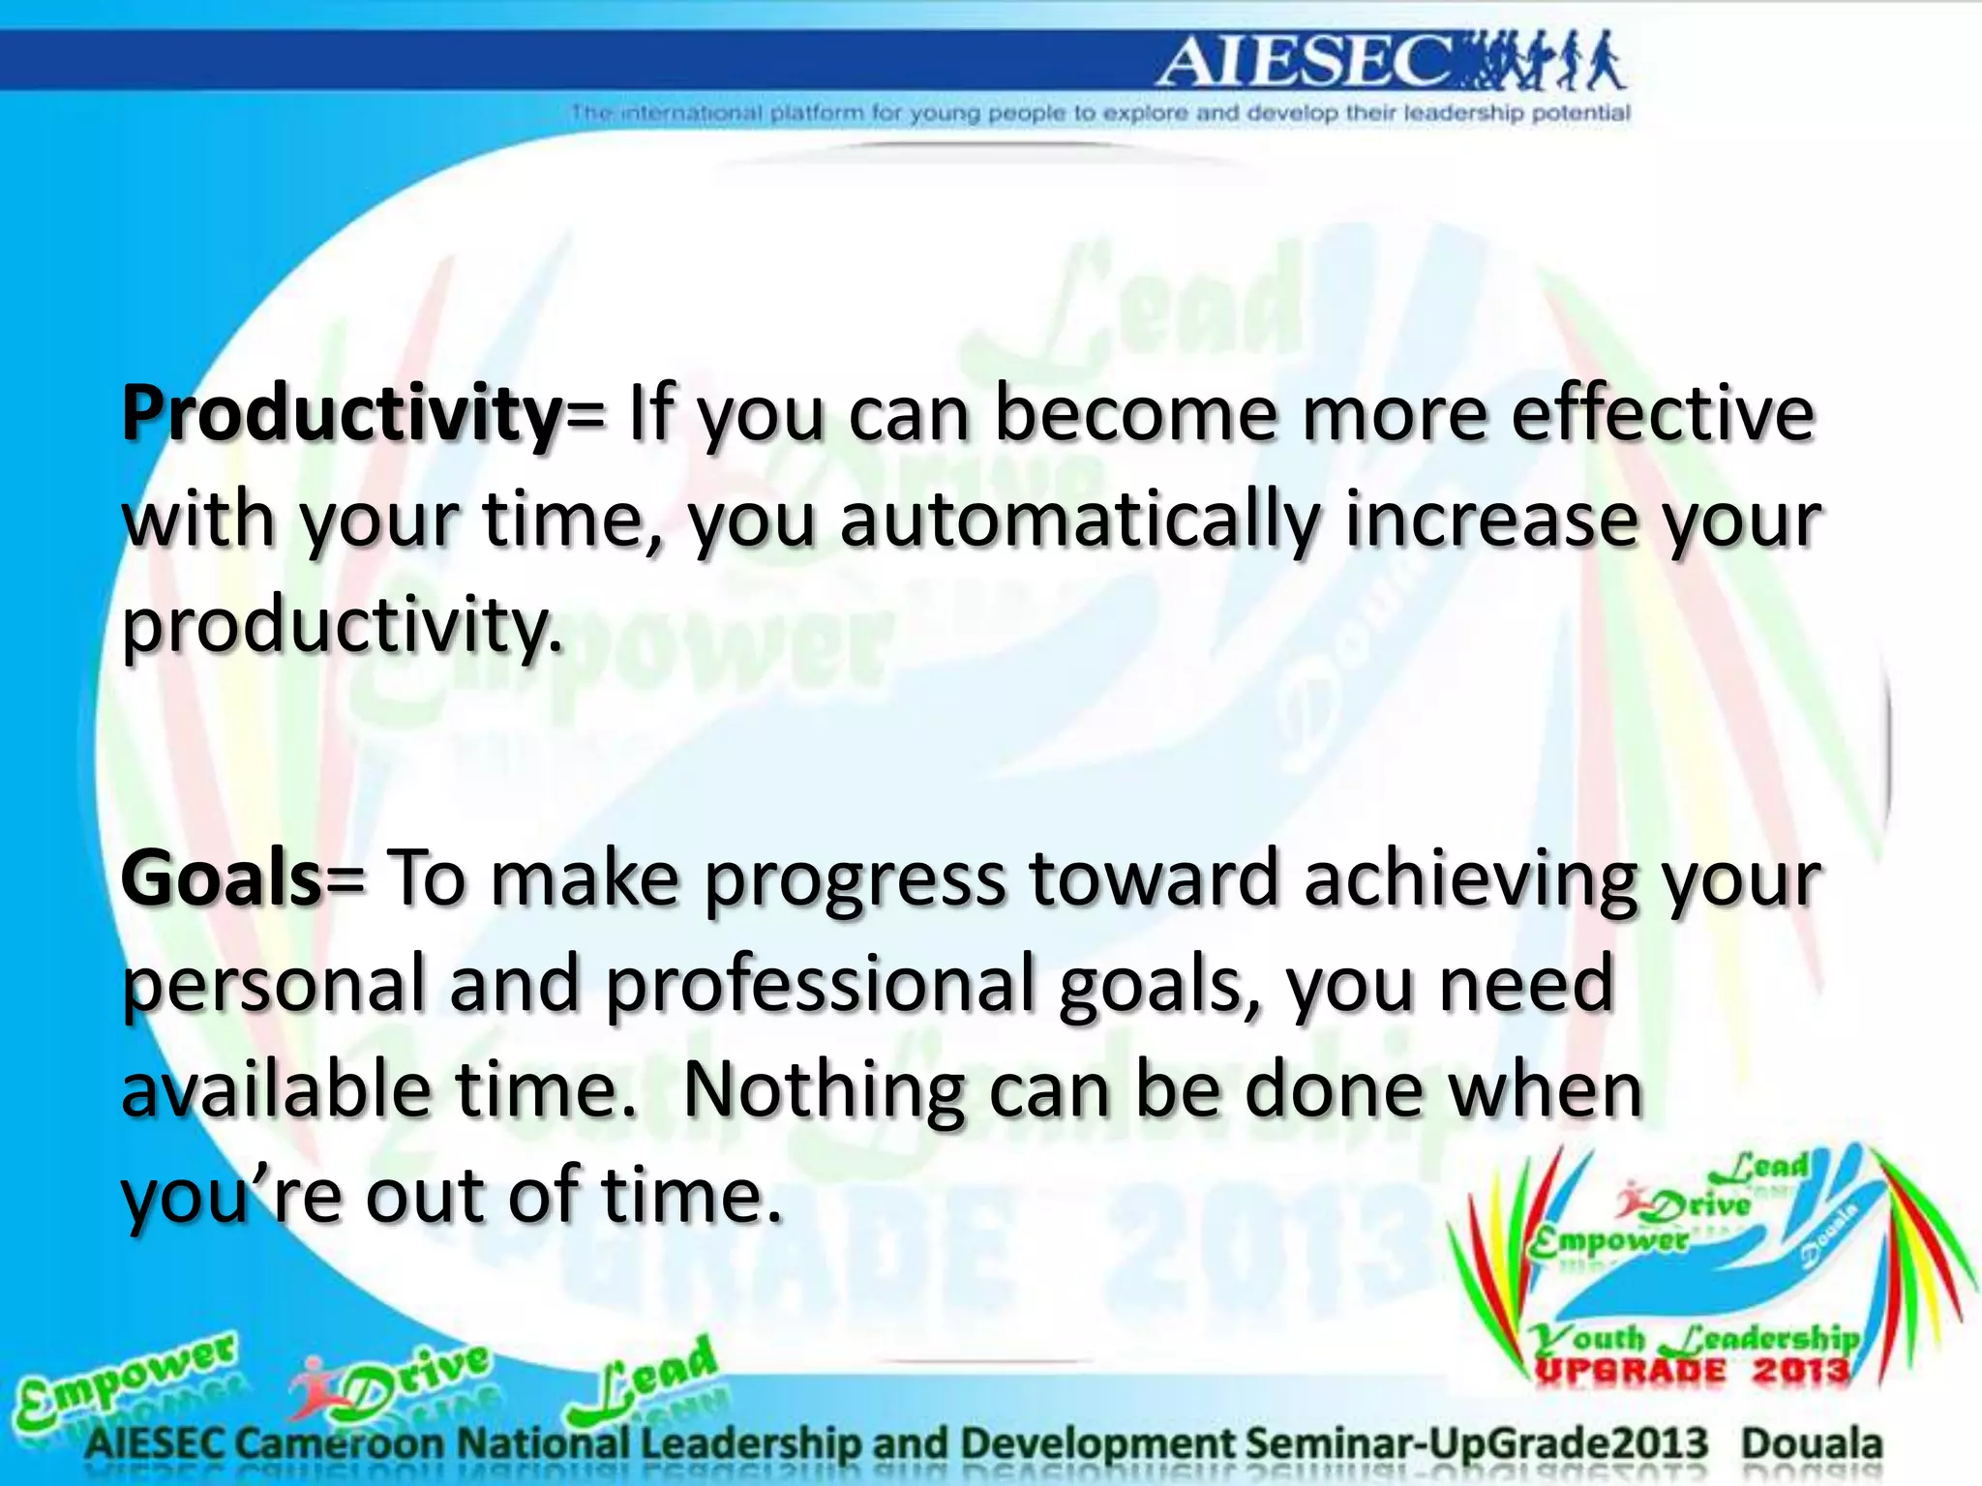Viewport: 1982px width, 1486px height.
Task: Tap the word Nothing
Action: click(x=823, y=1091)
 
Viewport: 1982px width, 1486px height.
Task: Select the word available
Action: click(x=275, y=1091)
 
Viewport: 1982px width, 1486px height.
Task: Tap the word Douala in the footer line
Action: click(x=1812, y=1443)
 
